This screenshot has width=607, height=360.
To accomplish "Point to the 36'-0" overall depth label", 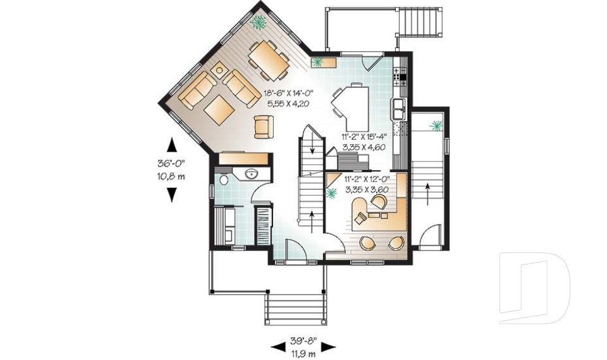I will coord(171,163).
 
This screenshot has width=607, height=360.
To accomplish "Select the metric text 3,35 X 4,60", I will coord(364,147).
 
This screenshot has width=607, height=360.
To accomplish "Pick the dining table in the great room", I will coord(269,59).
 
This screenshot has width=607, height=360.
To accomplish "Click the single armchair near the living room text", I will coord(264,127).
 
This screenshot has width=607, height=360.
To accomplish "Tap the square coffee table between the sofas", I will coord(219,109).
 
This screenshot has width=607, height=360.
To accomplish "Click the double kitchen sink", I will coord(400,109).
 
